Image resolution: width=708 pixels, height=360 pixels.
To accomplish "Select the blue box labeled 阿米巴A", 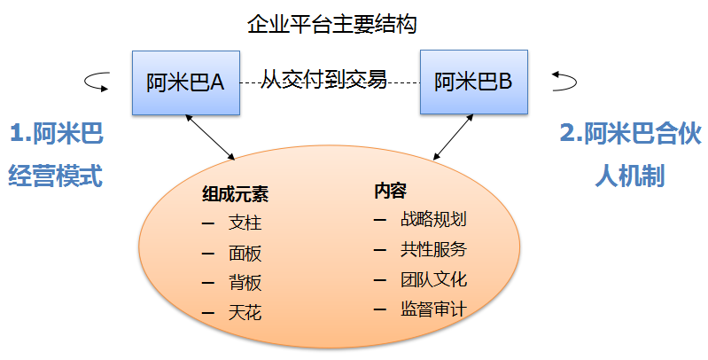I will click(x=185, y=82).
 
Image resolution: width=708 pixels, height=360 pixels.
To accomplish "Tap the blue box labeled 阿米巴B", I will click(x=474, y=82).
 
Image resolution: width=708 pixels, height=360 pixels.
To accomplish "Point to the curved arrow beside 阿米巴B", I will click(x=564, y=82).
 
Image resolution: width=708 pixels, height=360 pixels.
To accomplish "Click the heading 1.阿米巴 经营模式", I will click(x=55, y=156).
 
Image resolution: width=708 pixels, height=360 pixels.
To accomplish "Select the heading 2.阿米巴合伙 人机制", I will click(x=630, y=156).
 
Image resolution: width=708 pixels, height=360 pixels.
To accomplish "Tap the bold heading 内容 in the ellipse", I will click(x=390, y=190).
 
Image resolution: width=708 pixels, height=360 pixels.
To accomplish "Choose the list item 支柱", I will click(x=245, y=223).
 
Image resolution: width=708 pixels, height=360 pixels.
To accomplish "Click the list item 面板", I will click(x=245, y=253).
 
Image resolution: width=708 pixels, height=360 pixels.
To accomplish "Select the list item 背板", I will click(x=245, y=283).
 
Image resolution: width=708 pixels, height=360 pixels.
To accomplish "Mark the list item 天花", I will click(x=245, y=312).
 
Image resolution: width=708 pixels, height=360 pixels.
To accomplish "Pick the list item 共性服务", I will click(x=432, y=249).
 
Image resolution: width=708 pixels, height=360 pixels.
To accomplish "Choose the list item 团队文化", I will click(x=432, y=279).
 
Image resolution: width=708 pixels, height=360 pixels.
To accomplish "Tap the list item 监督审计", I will click(x=432, y=309).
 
